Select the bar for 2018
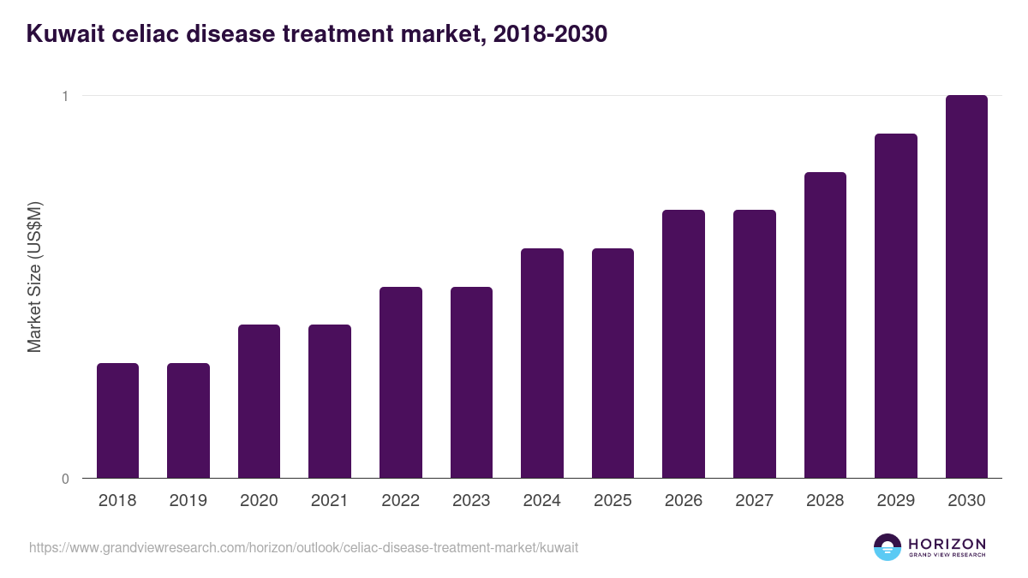117,420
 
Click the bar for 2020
259,402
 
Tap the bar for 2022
400,383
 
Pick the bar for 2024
542,363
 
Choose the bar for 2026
684,344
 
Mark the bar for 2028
825,325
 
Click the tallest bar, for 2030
966,287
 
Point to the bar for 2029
896,306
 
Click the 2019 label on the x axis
188,501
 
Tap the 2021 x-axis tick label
330,501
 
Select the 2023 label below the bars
471,501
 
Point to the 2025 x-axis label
613,501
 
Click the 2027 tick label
755,501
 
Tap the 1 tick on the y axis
64,96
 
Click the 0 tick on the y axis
64,479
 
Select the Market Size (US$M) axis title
34,276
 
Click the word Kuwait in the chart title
64,34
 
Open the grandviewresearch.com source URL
303,547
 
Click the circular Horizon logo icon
888,547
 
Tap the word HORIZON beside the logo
947,544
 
